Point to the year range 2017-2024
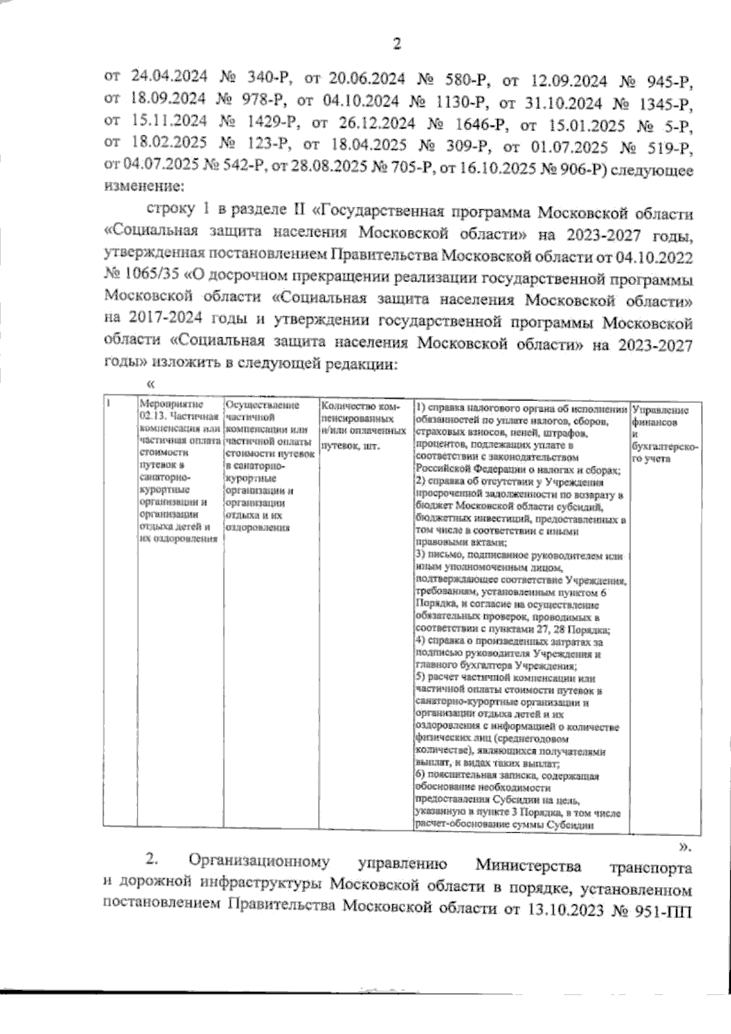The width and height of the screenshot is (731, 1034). (x=162, y=321)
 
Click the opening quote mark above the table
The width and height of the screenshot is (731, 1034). (x=151, y=384)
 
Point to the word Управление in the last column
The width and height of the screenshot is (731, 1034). (x=661, y=410)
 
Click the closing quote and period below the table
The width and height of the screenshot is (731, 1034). (x=685, y=846)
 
